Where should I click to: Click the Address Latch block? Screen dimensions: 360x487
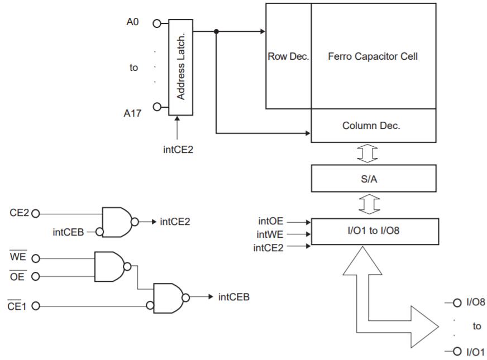coord(180,68)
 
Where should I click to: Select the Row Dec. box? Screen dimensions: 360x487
coord(288,56)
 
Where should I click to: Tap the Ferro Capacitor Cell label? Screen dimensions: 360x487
coord(373,56)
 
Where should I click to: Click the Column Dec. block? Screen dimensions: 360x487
coord(373,126)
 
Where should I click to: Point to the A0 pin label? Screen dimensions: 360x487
coord(133,24)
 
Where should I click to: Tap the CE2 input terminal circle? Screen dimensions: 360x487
coord(37,213)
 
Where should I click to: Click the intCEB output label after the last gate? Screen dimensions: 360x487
coord(233,296)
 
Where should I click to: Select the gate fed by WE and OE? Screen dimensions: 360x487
coord(111,266)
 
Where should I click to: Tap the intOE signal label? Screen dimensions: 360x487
coord(271,222)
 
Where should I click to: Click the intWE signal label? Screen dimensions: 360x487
coord(271,234)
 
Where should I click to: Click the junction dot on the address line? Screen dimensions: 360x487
coord(216,31)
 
